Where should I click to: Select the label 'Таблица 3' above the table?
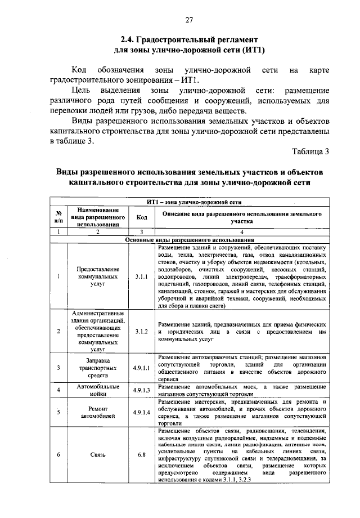[x=311, y=150]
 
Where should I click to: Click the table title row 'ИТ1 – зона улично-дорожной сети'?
[x=194, y=200]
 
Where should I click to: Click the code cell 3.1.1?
[x=141, y=276]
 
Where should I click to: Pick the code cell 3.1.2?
[x=141, y=331]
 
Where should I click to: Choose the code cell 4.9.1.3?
[x=141, y=390]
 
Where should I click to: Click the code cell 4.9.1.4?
[x=141, y=412]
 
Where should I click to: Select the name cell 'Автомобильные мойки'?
[x=97, y=390]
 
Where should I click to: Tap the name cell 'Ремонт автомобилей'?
[x=97, y=412]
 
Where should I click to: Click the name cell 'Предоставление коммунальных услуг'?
[x=97, y=276]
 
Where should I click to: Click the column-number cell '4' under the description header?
[x=242, y=232]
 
